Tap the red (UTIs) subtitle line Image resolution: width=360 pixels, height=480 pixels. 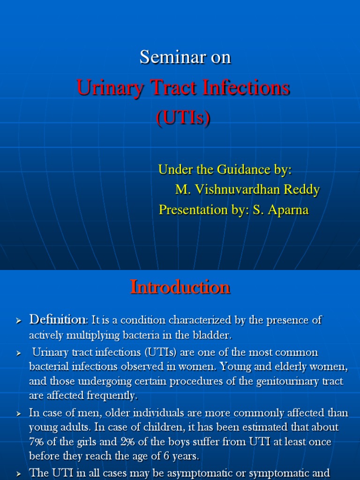click(x=183, y=118)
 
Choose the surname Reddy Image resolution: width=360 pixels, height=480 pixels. click(x=303, y=190)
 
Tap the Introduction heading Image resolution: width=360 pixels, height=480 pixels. click(x=180, y=287)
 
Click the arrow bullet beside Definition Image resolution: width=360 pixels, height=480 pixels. click(x=19, y=321)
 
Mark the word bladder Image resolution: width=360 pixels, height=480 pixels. click(x=209, y=336)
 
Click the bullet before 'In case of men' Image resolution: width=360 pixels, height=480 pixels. click(x=19, y=413)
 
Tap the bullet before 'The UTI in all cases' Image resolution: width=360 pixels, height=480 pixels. click(x=19, y=473)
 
